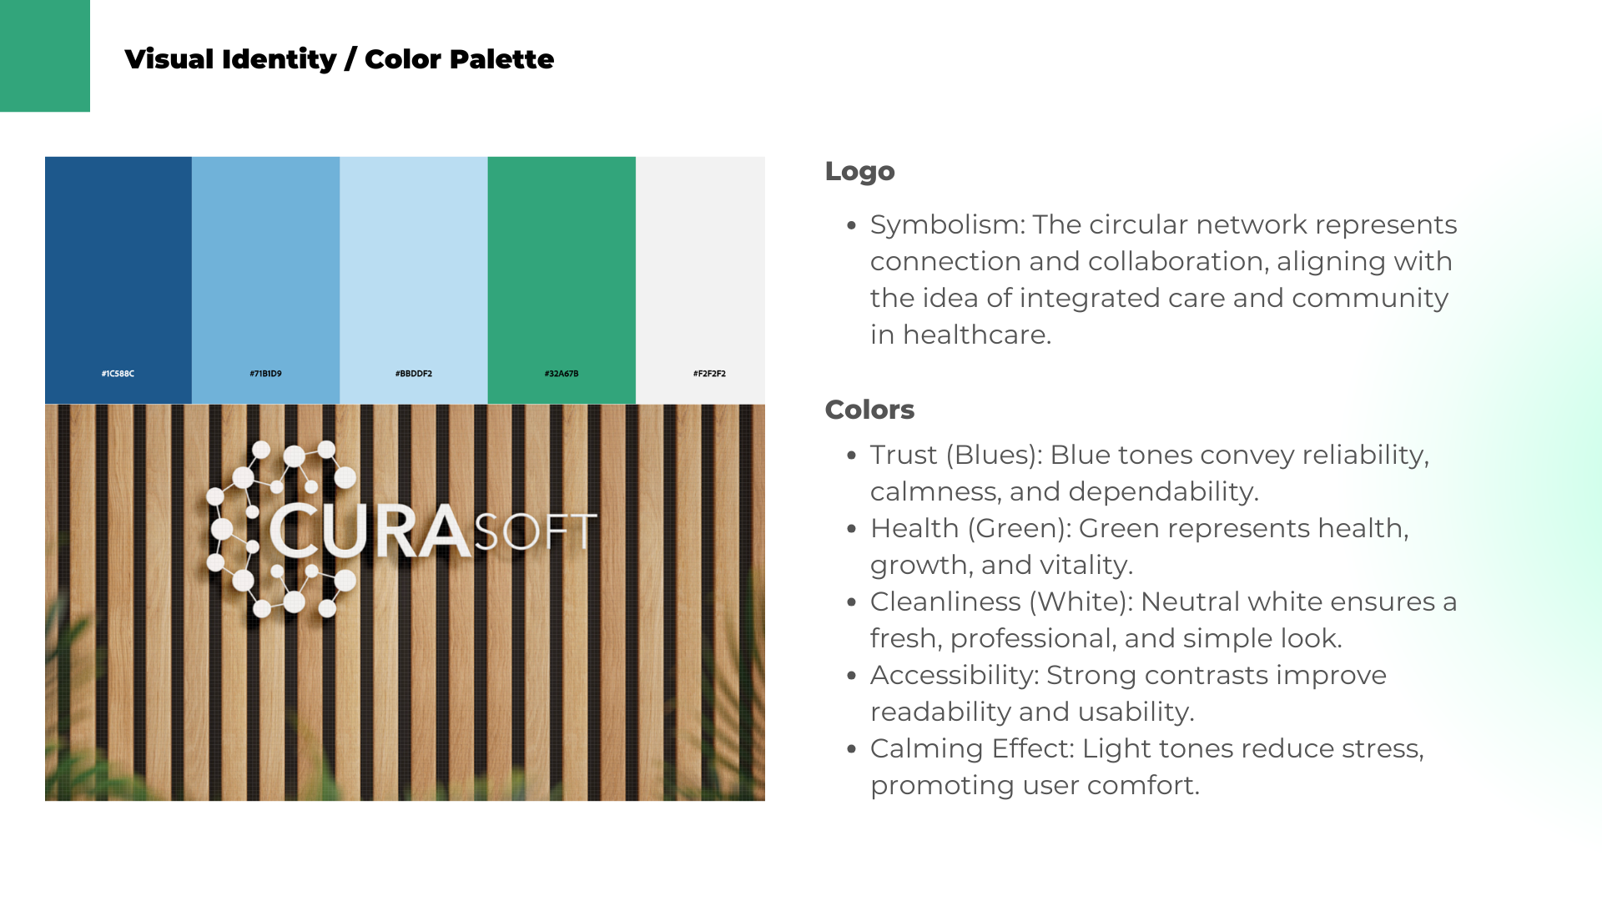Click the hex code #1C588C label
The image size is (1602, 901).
[x=118, y=374]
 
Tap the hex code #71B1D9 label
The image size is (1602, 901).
[x=265, y=374]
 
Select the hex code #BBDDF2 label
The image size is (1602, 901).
[x=414, y=374]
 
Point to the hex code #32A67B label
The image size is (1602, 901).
[x=562, y=374]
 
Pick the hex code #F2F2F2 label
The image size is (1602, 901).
[x=709, y=374]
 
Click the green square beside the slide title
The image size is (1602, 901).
[x=45, y=56]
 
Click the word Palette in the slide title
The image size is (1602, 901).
[x=502, y=59]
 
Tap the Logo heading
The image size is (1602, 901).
[x=859, y=171]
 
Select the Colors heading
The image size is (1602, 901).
[x=869, y=410]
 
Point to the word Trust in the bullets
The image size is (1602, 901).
[x=904, y=455]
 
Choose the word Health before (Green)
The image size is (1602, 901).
[x=914, y=528]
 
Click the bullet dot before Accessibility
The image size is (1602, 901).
[x=851, y=676]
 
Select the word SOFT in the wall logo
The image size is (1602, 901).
[x=536, y=532]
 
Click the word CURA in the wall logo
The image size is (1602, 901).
[x=370, y=531]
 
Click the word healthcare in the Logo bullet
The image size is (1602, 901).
[x=977, y=335]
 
